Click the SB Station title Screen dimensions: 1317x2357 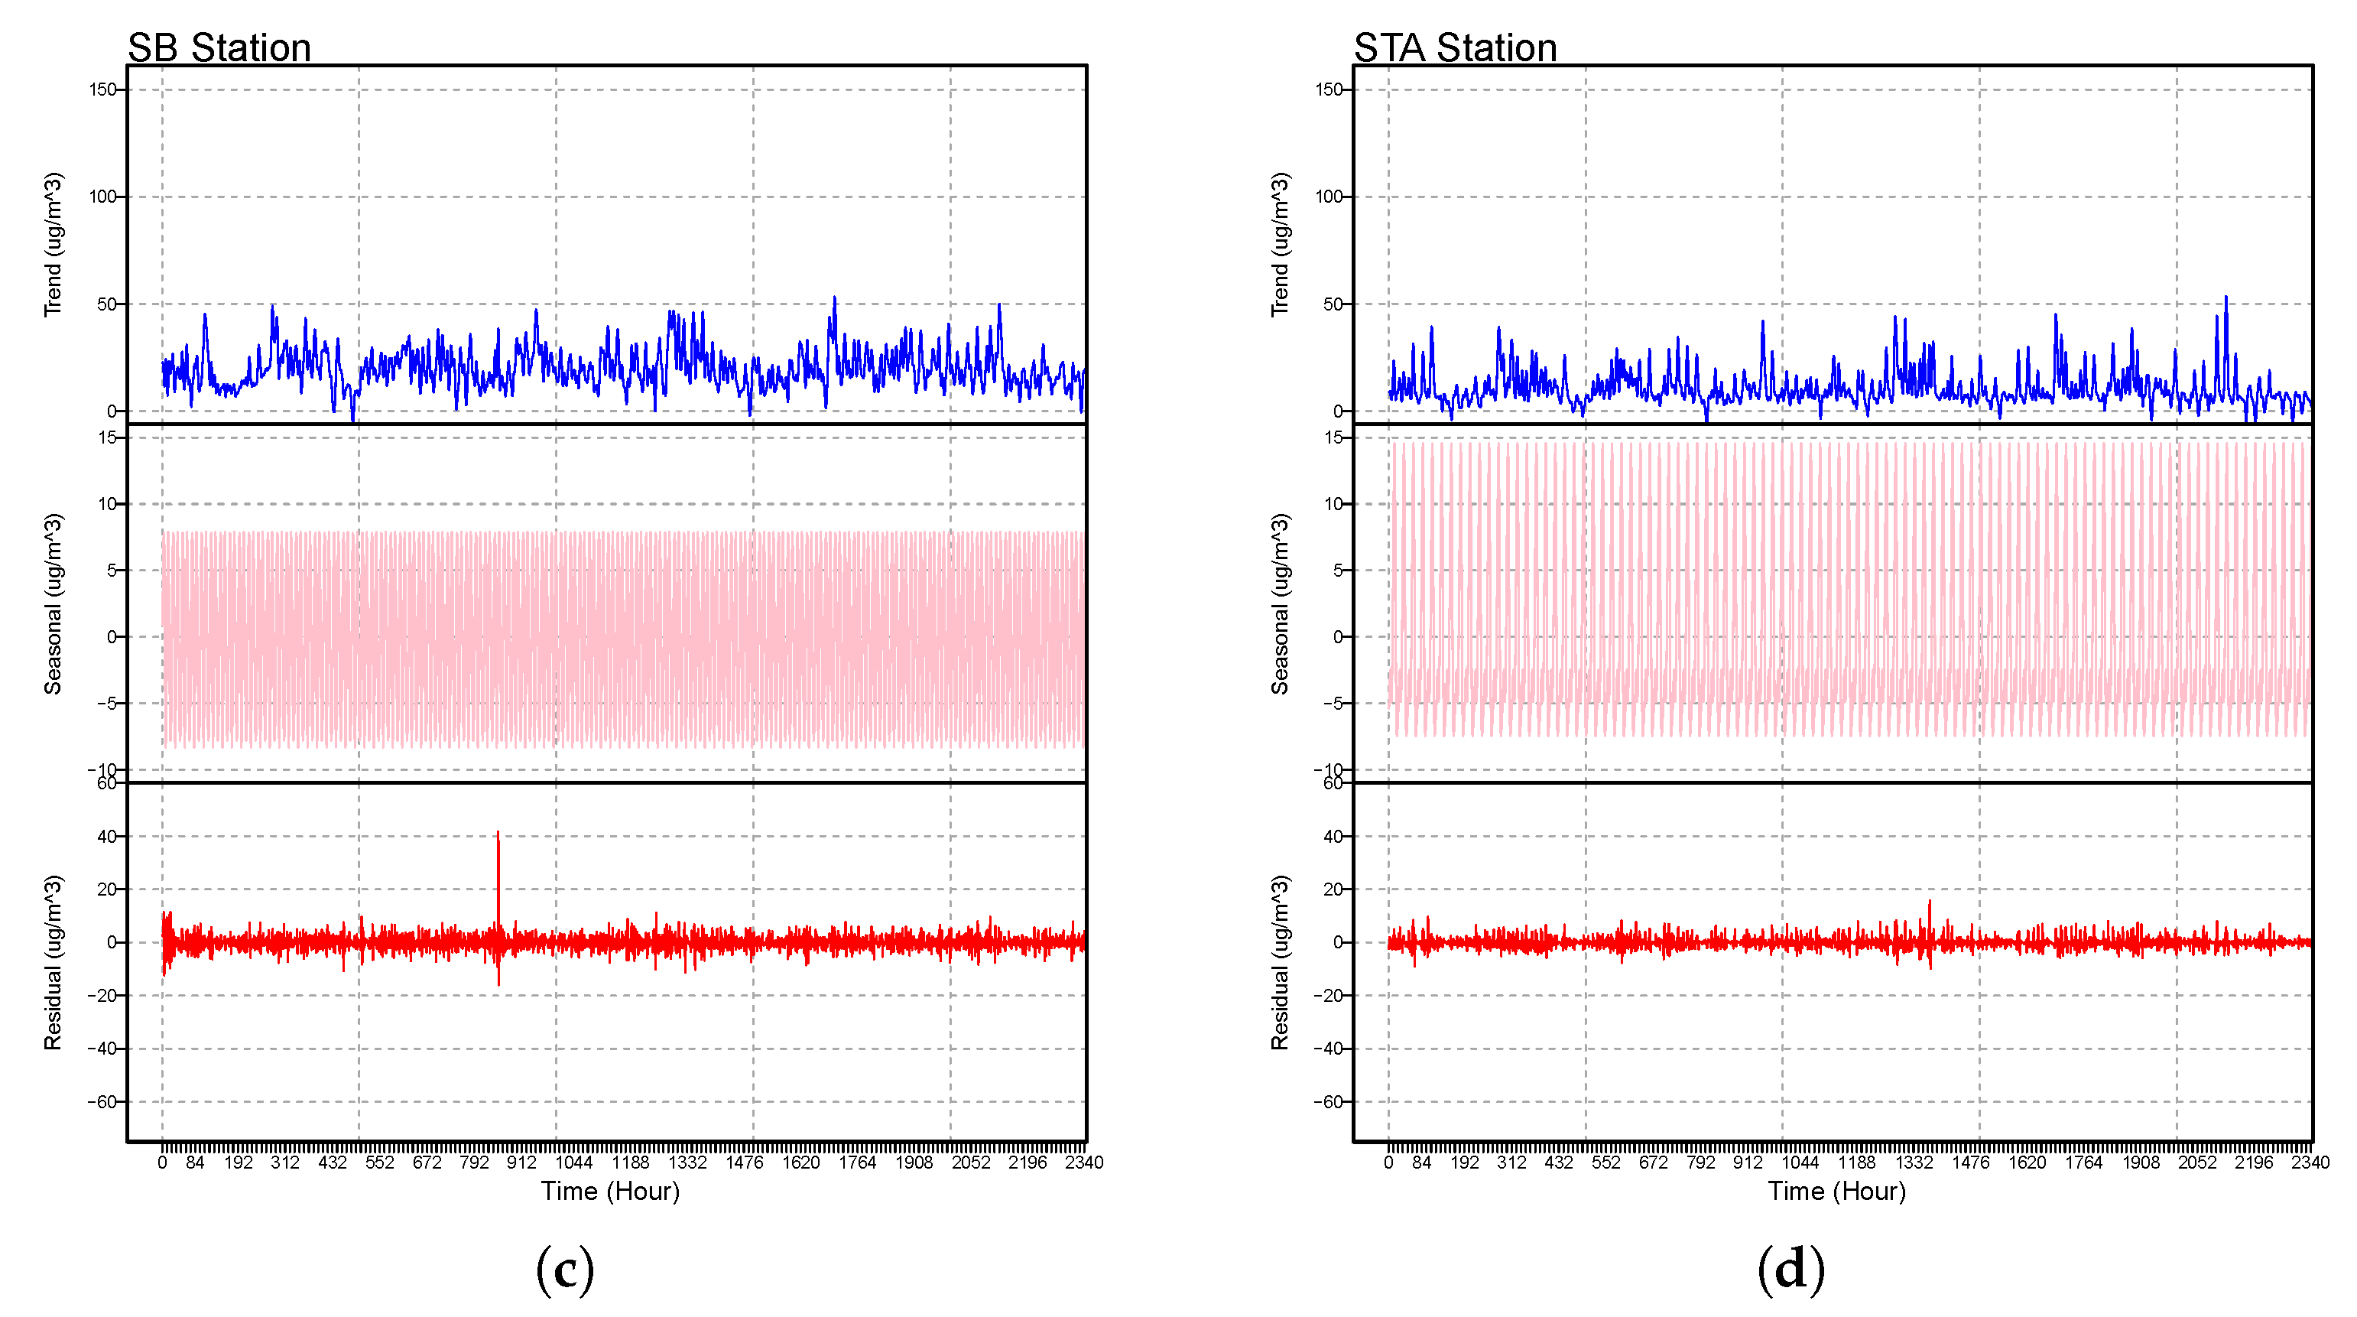219,47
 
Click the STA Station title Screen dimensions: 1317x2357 1455,47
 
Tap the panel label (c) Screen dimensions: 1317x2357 564,1270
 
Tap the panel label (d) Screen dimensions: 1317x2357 1790,1270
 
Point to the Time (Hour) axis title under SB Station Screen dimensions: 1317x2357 610,1191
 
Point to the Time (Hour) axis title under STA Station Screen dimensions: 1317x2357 1836,1191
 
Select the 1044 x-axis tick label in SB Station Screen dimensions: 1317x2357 573,1163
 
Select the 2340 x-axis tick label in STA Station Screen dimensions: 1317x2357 2310,1163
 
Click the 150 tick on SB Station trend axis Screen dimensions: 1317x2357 102,89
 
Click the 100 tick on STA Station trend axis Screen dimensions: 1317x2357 1329,197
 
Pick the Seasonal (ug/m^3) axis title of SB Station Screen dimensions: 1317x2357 53,604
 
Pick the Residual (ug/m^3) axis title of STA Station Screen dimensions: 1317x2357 1279,962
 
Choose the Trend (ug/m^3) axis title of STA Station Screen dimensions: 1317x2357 1279,245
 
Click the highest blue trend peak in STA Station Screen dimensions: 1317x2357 2226,298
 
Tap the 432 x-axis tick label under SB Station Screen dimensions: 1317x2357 332,1163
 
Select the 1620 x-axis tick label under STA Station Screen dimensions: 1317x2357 2027,1163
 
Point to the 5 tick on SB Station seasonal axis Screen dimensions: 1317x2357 112,571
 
